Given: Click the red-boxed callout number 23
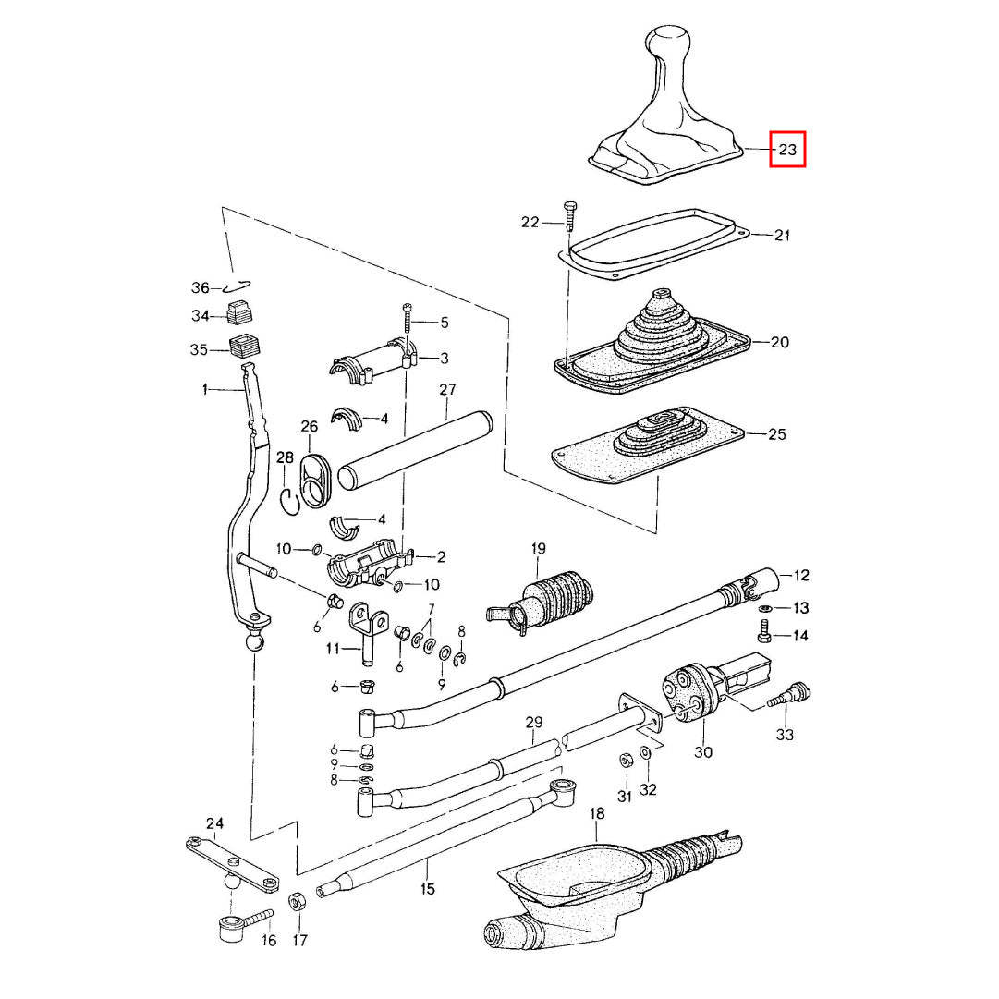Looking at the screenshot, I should tap(787, 148).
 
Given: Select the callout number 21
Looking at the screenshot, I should tap(782, 236).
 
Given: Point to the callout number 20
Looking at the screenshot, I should tap(779, 342).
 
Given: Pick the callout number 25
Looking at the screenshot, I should tap(777, 433).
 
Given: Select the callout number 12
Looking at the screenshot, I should tap(801, 576).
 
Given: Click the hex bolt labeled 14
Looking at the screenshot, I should tap(764, 636).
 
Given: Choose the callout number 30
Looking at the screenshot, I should tap(704, 752).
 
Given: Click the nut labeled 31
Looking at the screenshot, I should tap(623, 760).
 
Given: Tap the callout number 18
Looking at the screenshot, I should tap(597, 813).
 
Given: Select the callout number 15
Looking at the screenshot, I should tap(427, 890).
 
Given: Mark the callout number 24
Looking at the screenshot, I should tap(214, 822).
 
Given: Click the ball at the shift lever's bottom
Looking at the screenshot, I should tap(254, 641).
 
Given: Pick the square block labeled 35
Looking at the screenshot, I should tap(245, 347).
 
